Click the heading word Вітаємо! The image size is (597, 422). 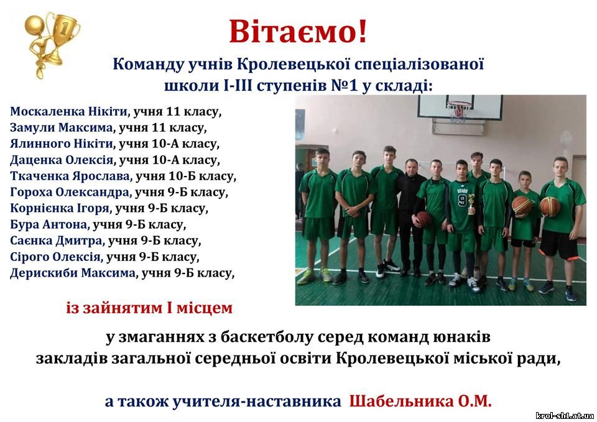298,31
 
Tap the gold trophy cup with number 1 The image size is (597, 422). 62,37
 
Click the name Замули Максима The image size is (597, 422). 62,127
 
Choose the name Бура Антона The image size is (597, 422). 49,224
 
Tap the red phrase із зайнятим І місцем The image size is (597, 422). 149,308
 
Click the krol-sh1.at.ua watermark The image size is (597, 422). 565,416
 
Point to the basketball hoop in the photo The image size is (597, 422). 459,111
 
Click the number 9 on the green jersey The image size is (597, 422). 462,200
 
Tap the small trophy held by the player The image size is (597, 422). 472,204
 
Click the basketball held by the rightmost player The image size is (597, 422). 550,206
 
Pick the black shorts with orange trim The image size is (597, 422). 558,245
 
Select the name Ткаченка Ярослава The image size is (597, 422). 70,176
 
